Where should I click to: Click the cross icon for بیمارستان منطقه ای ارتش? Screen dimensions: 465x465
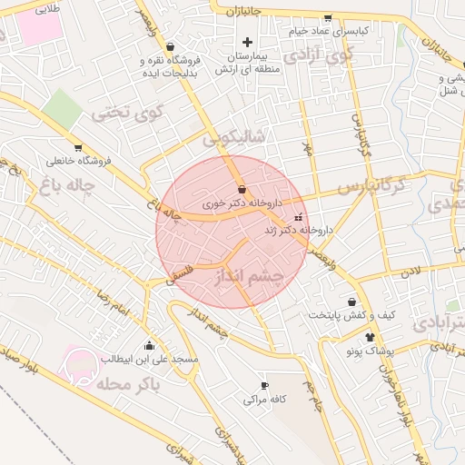pos(247,42)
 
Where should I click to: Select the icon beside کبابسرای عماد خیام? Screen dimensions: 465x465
pos(327,17)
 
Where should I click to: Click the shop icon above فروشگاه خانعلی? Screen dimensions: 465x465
pos(78,147)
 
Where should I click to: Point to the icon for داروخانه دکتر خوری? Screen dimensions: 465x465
pos(242,189)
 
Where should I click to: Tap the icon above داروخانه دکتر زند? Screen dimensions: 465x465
pos(300,218)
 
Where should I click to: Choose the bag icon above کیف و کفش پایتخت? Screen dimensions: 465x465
pos(351,302)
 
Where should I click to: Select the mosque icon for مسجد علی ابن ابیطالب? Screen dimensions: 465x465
pos(149,346)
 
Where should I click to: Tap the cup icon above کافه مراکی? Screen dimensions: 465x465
pos(265,385)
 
